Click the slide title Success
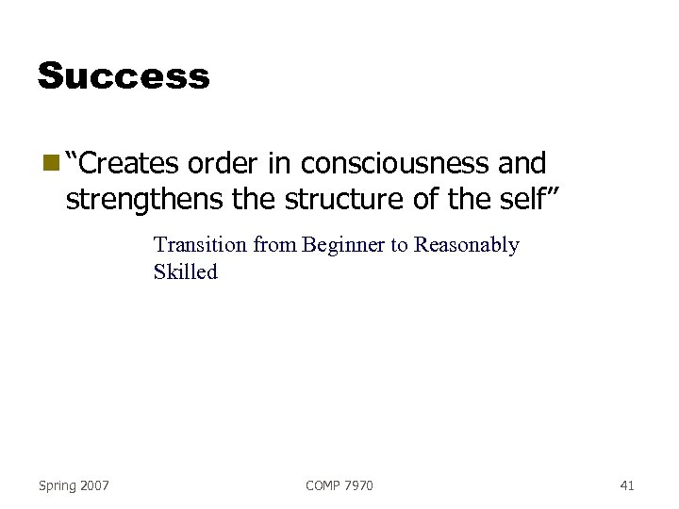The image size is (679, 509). tap(124, 75)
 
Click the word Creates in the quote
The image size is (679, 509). tap(131, 164)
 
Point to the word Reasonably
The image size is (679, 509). tap(467, 246)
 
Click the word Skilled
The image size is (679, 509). tap(185, 272)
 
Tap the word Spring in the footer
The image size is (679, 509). tap(58, 485)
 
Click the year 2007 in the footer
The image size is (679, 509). tap(94, 485)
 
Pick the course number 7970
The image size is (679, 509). tap(358, 485)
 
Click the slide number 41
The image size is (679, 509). tap(627, 485)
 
